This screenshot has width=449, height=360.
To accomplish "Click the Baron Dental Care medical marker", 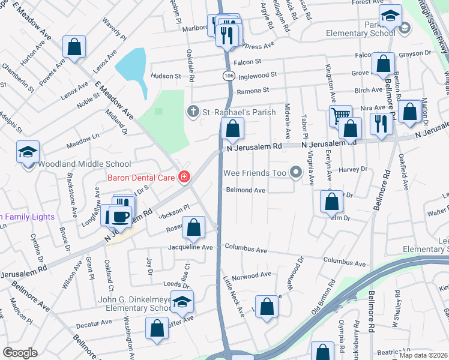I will click(x=183, y=177).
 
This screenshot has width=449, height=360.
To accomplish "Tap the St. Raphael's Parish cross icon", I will click(x=193, y=112).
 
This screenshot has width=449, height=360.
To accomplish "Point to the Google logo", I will click(x=20, y=353).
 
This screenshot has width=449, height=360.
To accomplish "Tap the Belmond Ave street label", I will click(x=246, y=190).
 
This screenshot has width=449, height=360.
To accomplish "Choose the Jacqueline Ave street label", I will click(x=191, y=247).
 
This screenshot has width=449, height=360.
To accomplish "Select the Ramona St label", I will click(x=253, y=90).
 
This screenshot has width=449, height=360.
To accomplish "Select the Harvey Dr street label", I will click(x=352, y=170).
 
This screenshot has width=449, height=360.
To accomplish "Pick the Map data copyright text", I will click(x=424, y=356).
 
